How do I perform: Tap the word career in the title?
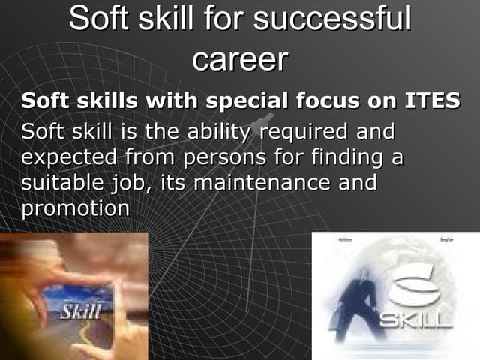[240, 59]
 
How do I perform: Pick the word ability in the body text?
[215, 133]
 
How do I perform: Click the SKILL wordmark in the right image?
[415, 321]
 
